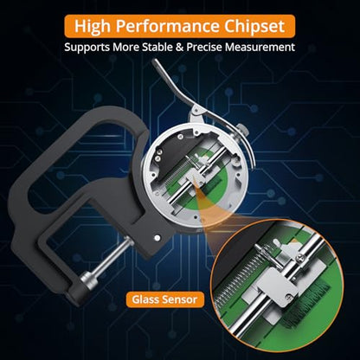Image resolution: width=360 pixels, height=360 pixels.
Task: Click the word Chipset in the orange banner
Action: coord(254,26)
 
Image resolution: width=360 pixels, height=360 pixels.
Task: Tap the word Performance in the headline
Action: coord(167,26)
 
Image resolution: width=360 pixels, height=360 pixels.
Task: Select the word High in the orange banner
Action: coord(93,26)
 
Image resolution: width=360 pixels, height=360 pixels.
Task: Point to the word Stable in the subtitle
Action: coord(157,47)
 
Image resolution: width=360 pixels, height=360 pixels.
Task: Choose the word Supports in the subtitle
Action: coord(87,48)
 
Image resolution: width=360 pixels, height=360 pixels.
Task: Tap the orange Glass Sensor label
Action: coord(165,299)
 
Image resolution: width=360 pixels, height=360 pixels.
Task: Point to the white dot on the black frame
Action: coord(157,238)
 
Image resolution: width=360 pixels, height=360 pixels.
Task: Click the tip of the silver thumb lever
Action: coord(155,61)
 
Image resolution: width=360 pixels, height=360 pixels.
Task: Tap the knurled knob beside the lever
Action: coord(243,130)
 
